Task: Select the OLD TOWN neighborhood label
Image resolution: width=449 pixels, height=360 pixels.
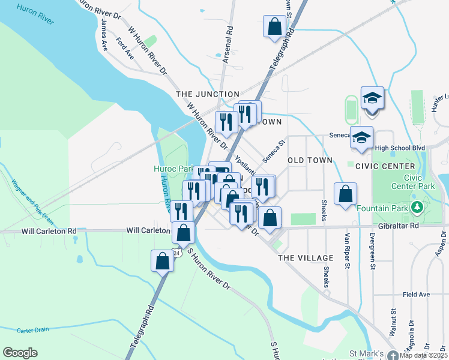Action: (310, 160)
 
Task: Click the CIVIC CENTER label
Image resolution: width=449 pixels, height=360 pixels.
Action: (385, 166)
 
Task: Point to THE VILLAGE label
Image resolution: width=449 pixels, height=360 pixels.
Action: (301, 257)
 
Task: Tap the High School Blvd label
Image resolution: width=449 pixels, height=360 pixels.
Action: (399, 148)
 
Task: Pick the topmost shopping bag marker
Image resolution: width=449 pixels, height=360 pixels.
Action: (274, 26)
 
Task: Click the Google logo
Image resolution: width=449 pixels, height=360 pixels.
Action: (20, 353)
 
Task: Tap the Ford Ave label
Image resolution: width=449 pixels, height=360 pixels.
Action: (125, 49)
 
